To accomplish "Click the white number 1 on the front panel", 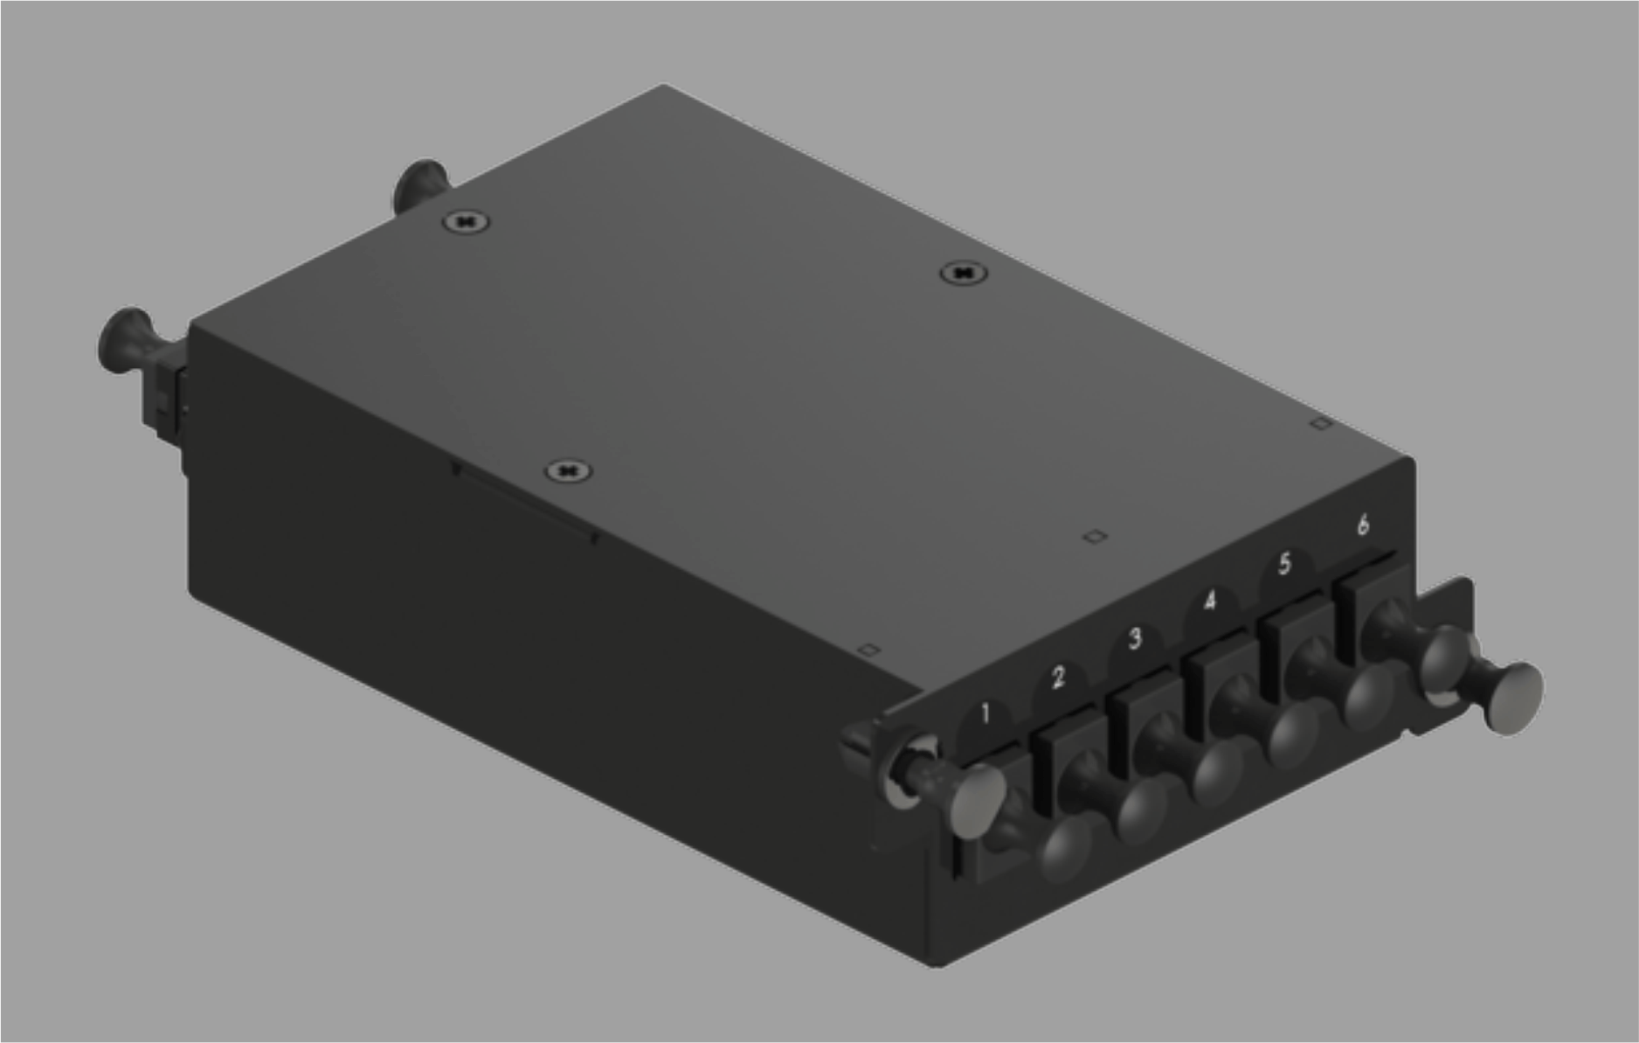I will tap(985, 713).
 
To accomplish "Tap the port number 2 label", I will tap(1058, 677).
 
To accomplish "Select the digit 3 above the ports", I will tap(1134, 638).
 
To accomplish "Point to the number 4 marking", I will tap(1209, 601).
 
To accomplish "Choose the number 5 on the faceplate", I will tap(1284, 563).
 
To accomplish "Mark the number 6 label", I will tap(1362, 525).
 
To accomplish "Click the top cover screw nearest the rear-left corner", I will tap(466, 222).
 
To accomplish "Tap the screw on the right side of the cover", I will tap(963, 274).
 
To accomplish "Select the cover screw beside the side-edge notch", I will tap(568, 472).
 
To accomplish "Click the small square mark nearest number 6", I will tap(1321, 423).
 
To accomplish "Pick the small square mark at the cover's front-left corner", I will tap(868, 650).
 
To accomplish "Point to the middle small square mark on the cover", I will tap(1094, 536).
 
